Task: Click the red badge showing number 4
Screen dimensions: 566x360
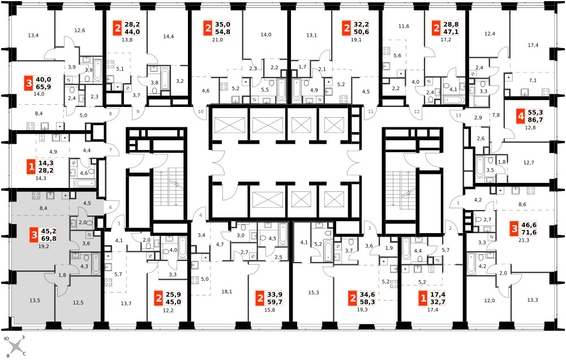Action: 520,116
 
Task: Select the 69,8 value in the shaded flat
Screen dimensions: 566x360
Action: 49,239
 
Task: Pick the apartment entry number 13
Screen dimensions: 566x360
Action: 458,115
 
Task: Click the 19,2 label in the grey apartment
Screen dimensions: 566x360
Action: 44,247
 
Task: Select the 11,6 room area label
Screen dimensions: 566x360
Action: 404,27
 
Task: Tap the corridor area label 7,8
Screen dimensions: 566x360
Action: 496,115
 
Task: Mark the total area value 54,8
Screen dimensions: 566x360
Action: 222,32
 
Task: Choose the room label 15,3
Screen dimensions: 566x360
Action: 314,293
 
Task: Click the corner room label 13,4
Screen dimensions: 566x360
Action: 33,36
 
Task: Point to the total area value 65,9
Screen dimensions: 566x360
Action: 44,87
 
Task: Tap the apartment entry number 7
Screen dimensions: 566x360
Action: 110,150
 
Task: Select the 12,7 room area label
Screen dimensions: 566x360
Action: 529,162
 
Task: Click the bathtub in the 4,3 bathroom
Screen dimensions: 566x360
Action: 96,263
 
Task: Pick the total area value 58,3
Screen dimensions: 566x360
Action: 367,302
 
